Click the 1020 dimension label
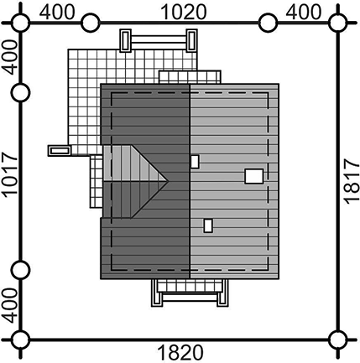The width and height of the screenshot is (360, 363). [184, 13]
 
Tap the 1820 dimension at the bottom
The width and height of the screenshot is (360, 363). [180, 352]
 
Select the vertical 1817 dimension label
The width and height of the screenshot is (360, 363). [352, 182]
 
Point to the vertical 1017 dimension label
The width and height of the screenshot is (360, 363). [10, 174]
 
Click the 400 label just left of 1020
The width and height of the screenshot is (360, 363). [57, 13]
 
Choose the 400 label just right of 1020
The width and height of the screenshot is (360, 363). [304, 13]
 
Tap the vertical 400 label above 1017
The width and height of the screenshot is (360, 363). [10, 57]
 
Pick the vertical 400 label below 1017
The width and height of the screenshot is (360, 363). [10, 306]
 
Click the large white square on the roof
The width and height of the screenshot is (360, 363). [254, 176]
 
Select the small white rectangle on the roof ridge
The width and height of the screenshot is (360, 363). [195, 162]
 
